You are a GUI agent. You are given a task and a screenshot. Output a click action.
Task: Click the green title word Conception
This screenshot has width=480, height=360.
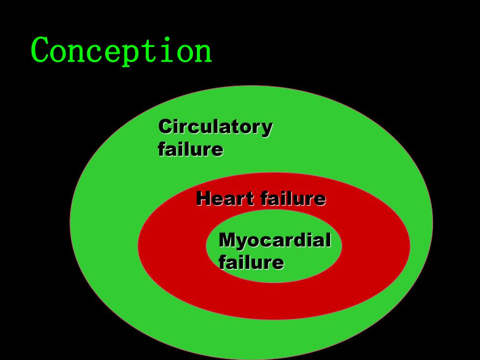tap(121, 51)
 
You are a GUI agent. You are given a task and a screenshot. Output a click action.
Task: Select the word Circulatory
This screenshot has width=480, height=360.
tap(216, 127)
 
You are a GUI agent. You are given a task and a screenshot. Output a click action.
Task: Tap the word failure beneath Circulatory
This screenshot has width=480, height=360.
tap(191, 149)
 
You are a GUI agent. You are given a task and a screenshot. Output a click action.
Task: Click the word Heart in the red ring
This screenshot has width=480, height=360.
tap(225, 198)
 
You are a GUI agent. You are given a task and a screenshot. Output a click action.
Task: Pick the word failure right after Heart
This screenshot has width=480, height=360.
tap(293, 198)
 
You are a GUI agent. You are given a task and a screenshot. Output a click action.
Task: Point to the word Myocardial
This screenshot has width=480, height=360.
tap(275, 240)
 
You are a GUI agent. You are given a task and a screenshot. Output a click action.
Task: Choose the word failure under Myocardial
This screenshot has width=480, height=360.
tap(251, 263)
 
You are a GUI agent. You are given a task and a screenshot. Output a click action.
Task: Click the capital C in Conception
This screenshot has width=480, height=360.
tap(40, 49)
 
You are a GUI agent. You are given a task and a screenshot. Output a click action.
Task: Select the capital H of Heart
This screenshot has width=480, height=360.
tap(204, 198)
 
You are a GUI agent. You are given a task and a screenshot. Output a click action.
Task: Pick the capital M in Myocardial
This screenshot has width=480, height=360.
tap(227, 240)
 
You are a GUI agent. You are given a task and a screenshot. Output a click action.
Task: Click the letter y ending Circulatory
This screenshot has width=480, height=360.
tap(266, 130)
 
